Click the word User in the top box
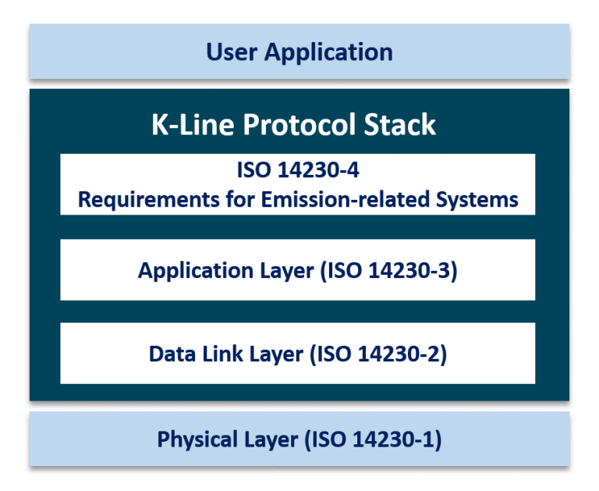coord(232,52)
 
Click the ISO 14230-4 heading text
coord(298,170)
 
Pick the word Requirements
coord(136,200)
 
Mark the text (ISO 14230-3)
coord(392,270)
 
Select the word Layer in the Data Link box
coord(276,354)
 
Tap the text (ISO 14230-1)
coord(374,439)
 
